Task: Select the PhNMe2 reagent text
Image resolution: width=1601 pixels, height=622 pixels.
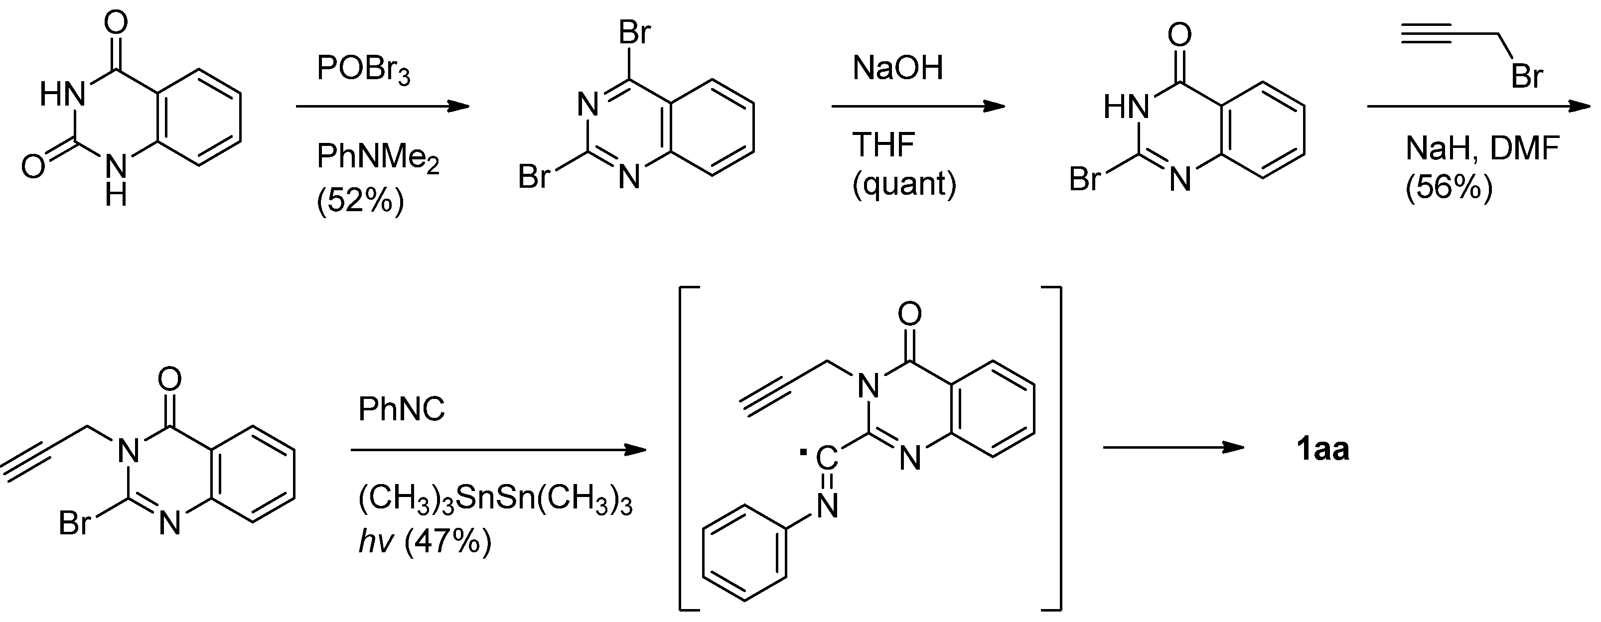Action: click(378, 156)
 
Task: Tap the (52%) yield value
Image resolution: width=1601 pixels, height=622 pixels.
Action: click(360, 200)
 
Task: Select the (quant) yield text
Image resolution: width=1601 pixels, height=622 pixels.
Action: click(904, 184)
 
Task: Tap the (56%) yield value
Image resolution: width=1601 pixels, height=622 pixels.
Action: click(1448, 187)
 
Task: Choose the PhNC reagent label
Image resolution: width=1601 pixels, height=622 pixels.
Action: click(402, 409)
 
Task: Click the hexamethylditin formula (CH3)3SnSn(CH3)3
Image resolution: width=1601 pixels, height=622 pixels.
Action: click(495, 501)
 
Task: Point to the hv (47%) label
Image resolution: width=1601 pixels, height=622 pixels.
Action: click(425, 542)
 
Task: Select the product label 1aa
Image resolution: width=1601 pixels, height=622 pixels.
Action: click(1322, 449)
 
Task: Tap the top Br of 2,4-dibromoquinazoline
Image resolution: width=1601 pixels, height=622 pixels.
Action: click(634, 32)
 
